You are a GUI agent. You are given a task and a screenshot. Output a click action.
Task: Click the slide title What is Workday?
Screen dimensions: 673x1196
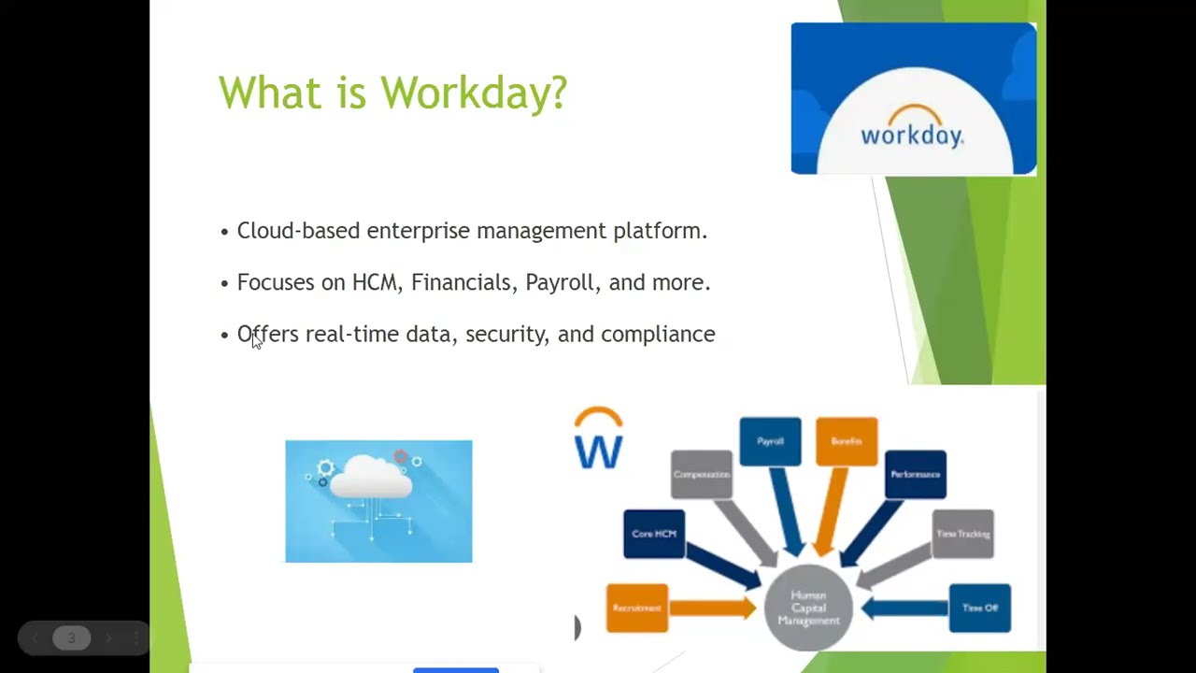[392, 93]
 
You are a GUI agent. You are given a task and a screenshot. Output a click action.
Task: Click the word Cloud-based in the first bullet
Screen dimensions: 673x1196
[298, 231]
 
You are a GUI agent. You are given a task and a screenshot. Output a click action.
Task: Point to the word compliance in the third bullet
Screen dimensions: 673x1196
[658, 335]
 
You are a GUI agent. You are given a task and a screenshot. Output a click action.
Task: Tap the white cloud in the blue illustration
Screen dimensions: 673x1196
[371, 477]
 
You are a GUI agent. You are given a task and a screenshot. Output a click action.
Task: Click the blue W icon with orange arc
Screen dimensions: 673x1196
[598, 439]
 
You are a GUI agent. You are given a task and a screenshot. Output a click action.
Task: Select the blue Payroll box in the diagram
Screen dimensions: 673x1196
[770, 441]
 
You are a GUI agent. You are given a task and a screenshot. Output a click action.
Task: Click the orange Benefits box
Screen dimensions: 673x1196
[847, 441]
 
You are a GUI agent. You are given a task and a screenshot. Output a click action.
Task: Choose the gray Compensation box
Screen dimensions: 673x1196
[702, 475]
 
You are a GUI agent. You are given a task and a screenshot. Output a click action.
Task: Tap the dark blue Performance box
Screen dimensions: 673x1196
[915, 475]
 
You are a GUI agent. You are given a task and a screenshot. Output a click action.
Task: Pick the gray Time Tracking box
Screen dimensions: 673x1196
[962, 534]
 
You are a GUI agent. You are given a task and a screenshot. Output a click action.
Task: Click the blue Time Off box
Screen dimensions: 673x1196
[979, 608]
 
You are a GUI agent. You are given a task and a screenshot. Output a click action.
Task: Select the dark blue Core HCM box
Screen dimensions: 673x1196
[654, 534]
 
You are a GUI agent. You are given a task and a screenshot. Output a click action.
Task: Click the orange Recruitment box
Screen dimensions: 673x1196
[637, 608]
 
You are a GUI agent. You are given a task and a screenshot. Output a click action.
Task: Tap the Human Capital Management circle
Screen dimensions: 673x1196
[808, 608]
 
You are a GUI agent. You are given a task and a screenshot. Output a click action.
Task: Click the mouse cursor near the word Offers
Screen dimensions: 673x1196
[256, 341]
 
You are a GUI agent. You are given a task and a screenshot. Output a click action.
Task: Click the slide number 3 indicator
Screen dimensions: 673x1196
[71, 638]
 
